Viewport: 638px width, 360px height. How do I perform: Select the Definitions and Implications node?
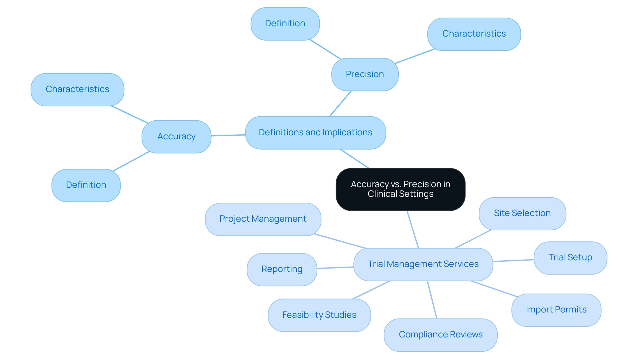tap(315, 133)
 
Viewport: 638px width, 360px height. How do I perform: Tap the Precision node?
tap(365, 74)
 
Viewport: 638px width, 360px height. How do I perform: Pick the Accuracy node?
tap(176, 137)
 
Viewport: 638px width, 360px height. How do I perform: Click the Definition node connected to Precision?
tap(285, 24)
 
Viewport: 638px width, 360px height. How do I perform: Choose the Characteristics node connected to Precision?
tap(474, 34)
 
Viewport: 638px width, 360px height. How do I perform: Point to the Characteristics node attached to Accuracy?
tap(77, 89)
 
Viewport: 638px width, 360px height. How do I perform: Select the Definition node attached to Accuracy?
tap(86, 185)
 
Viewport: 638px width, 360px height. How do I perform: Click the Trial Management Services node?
tap(423, 264)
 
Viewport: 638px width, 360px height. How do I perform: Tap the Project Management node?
tap(263, 219)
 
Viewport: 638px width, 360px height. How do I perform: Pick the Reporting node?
tap(281, 269)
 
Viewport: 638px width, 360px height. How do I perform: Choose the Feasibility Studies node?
tap(319, 315)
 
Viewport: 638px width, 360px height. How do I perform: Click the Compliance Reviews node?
tap(440, 335)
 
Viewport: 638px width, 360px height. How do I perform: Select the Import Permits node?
tap(556, 310)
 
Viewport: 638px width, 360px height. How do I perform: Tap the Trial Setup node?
tap(570, 258)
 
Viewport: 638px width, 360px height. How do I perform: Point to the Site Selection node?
tap(522, 213)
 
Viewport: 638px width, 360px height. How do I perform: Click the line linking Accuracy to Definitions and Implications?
tap(228, 135)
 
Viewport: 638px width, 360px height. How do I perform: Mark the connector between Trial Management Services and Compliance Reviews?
tap(432, 300)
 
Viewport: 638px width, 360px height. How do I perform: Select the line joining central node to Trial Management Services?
tap(413, 229)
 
